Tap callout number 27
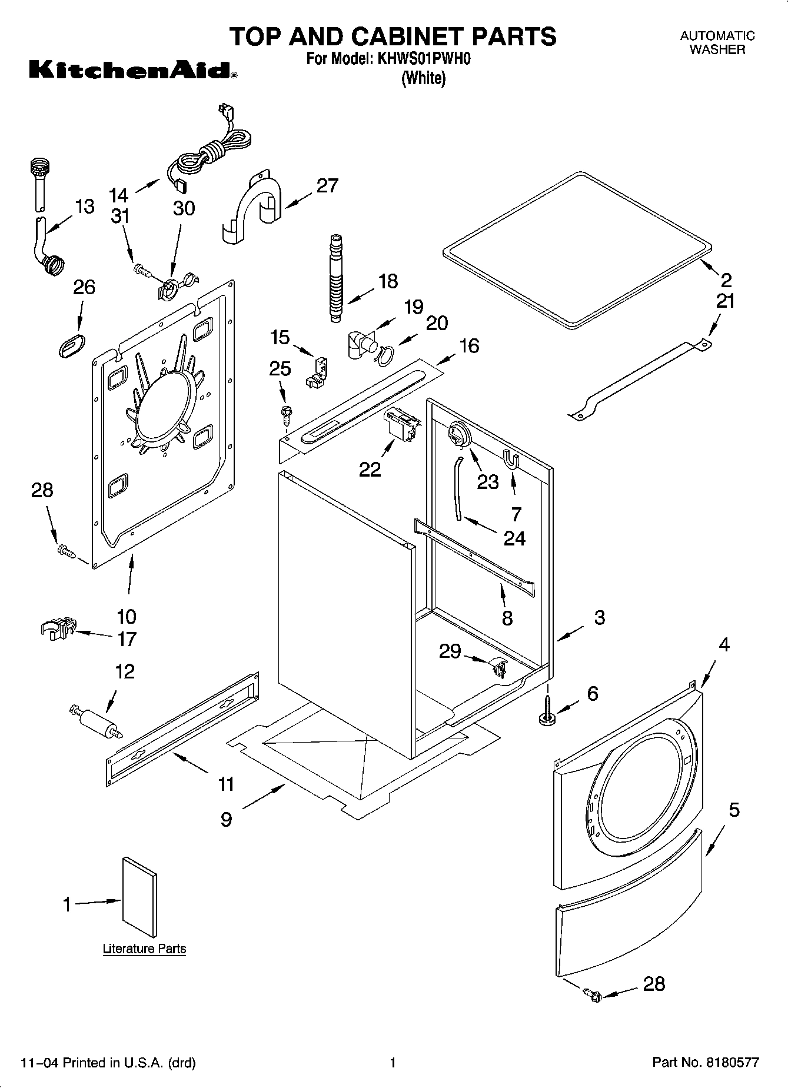(327, 185)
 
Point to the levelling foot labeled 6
(546, 710)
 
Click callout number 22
(370, 469)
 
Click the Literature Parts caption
(144, 949)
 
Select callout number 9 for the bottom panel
(227, 819)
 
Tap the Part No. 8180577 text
(706, 1063)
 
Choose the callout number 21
(725, 301)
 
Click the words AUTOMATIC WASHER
(717, 43)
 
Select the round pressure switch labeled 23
(457, 435)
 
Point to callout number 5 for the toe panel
(733, 810)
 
